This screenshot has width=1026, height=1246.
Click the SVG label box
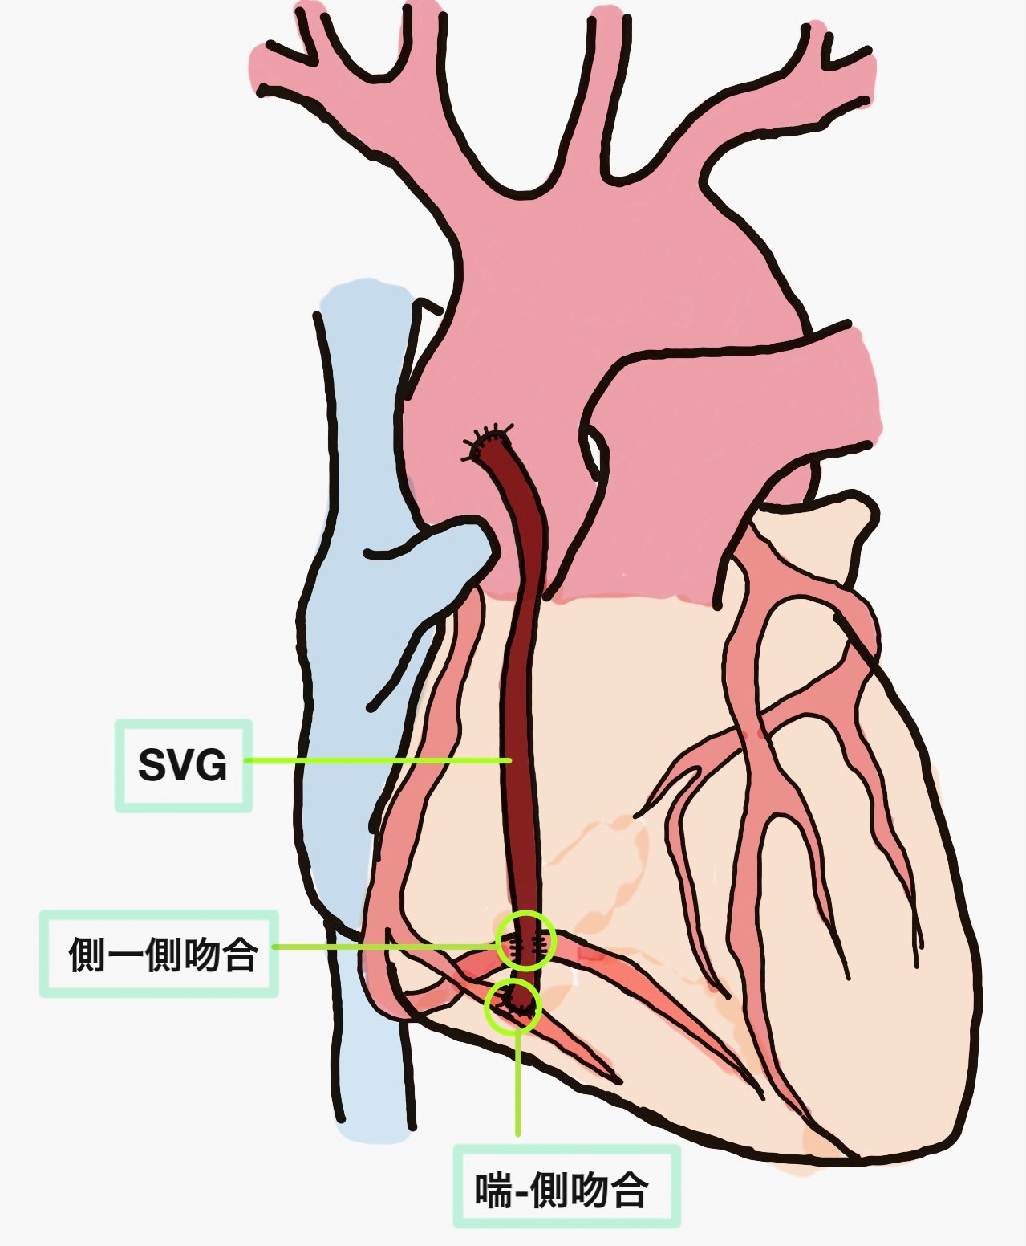[183, 766]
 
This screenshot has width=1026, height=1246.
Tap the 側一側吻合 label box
[159, 954]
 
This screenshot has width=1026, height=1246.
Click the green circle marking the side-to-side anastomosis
[526, 941]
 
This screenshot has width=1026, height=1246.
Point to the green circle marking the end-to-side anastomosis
[513, 1005]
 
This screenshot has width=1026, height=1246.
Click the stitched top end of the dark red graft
[489, 442]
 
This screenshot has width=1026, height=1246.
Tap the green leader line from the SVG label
[378, 760]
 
